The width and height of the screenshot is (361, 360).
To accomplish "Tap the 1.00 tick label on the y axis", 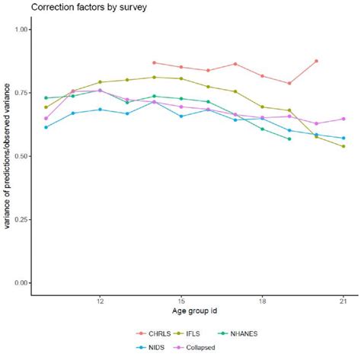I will coord(23,29).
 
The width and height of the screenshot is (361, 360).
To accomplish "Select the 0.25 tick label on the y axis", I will coord(23,219).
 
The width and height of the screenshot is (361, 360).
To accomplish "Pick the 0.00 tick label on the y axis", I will coord(23,283).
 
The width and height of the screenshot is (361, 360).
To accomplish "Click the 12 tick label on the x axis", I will coord(100,301).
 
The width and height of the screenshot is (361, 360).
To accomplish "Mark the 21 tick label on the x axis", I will coord(343,301).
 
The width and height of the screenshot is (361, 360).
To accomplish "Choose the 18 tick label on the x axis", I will coord(262,301).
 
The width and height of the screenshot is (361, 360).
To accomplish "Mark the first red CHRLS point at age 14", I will coord(154,62).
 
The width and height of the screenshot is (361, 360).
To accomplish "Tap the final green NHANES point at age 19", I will coord(289,139).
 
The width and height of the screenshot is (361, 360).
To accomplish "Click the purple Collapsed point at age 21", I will coord(343,119).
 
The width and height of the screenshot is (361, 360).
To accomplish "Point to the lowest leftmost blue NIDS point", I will coord(46,127).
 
